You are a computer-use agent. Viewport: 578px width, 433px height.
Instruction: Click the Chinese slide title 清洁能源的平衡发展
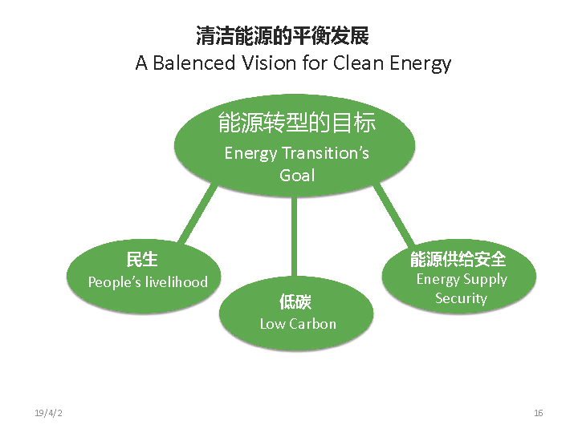pyautogui.click(x=283, y=36)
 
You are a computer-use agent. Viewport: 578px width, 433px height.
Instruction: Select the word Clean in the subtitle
pyautogui.click(x=356, y=63)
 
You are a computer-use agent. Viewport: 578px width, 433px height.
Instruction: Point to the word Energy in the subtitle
pyautogui.click(x=420, y=64)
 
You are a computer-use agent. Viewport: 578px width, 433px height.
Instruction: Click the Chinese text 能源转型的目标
pyautogui.click(x=296, y=123)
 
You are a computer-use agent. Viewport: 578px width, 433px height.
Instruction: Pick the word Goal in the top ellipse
pyautogui.click(x=296, y=175)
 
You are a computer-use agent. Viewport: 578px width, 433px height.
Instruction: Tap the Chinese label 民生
pyautogui.click(x=142, y=259)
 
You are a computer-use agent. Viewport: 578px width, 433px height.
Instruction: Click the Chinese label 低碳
pyautogui.click(x=295, y=301)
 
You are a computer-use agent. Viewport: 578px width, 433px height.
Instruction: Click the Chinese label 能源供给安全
pyautogui.click(x=458, y=259)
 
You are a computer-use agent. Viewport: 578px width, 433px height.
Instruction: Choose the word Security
pyautogui.click(x=461, y=298)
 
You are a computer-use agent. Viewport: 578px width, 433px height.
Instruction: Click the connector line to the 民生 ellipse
pyautogui.click(x=197, y=213)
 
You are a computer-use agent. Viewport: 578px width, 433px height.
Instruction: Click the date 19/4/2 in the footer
pyautogui.click(x=48, y=413)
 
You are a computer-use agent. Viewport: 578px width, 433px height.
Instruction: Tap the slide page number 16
pyautogui.click(x=538, y=413)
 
